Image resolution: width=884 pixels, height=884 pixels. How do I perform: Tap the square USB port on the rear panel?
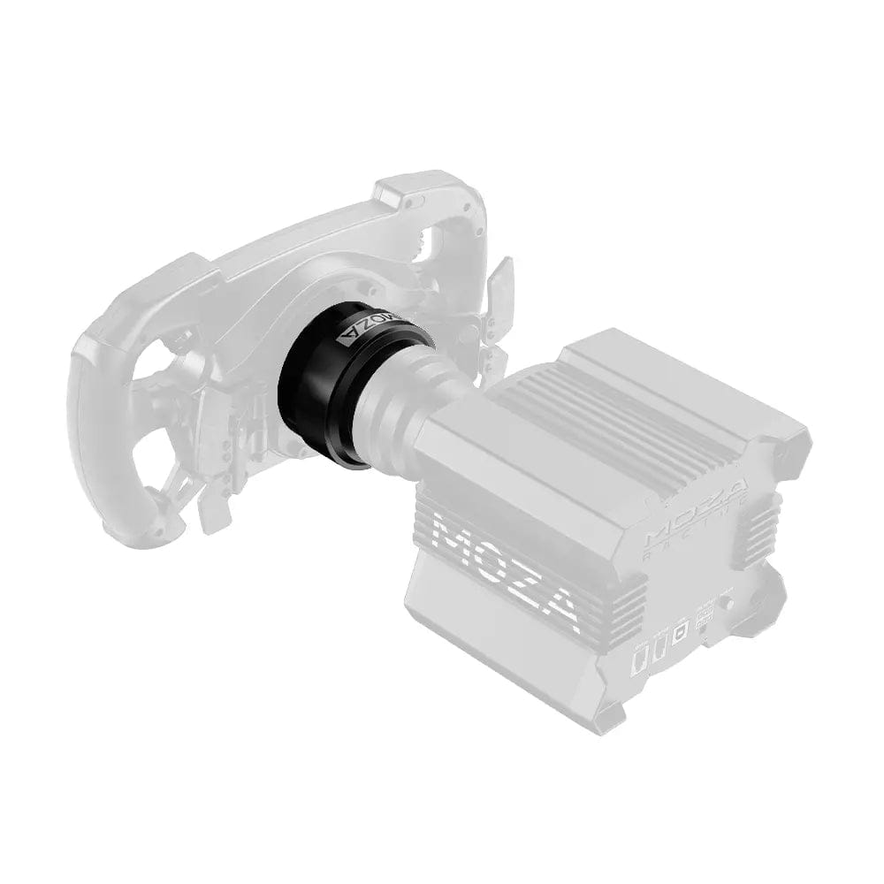coord(680,633)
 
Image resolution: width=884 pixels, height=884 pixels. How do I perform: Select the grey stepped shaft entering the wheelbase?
coord(415,398)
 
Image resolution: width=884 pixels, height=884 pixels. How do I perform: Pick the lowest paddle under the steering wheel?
coord(212,513)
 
